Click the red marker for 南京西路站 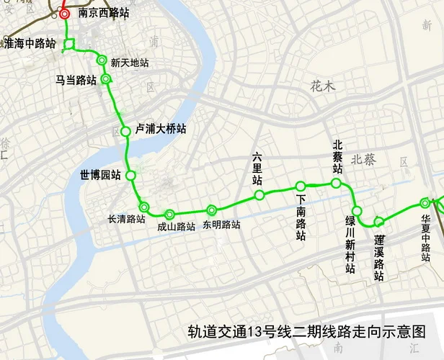pos(65,14)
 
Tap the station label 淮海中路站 pos(30,43)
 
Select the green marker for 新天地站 pos(102,60)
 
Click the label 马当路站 pos(76,80)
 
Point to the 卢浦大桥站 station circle pos(125,131)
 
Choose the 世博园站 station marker pos(130,175)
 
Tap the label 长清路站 pos(126,219)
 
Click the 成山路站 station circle pos(169,214)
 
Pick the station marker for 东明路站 pos(211,210)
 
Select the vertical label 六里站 pos(257,168)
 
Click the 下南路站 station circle pos(301,186)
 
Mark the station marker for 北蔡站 pos(336,184)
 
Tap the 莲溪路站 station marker pos(378,220)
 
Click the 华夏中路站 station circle pos(425,203)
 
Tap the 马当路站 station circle pos(106,79)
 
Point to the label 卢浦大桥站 pos(161,129)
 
